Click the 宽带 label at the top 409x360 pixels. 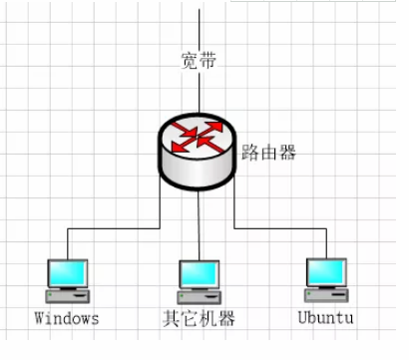point(199,60)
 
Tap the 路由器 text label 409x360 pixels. point(268,154)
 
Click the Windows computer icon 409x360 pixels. point(68,280)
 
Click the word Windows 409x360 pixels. point(67,319)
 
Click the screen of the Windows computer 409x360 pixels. point(69,272)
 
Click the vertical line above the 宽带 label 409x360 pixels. point(199,25)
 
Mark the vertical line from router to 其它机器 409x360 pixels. point(199,224)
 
